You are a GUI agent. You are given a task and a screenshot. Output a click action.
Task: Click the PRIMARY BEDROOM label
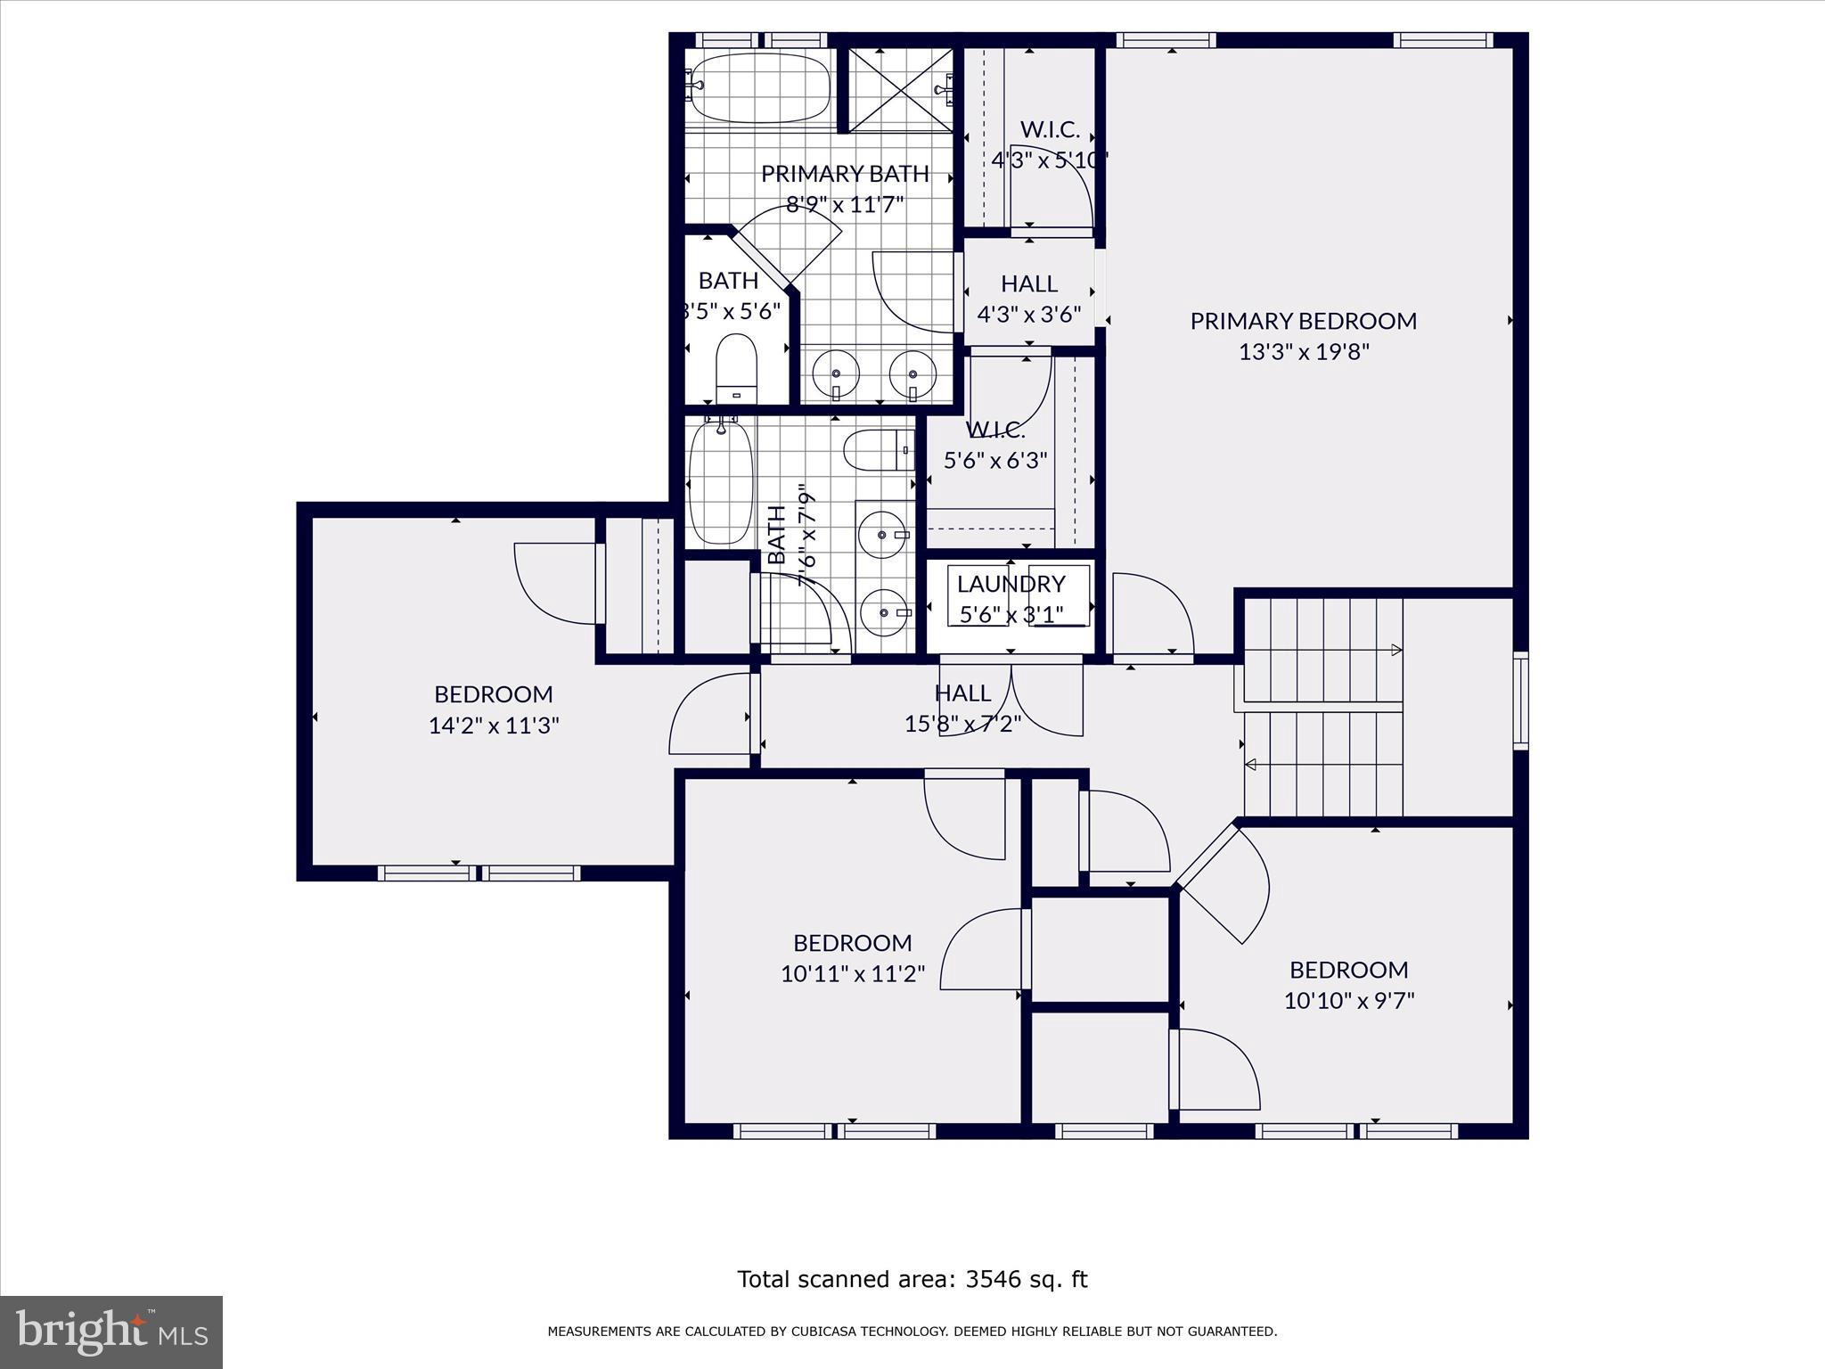[x=1303, y=321]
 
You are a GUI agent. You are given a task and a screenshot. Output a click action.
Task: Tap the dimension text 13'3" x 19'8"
[x=1303, y=352]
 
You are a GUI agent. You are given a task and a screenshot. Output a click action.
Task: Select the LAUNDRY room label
[x=1011, y=584]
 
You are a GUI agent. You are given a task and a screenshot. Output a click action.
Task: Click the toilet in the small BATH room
[x=736, y=368]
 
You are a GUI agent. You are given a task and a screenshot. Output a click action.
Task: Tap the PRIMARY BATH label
[x=844, y=173]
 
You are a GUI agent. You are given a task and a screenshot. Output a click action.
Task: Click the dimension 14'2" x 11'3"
[x=494, y=725]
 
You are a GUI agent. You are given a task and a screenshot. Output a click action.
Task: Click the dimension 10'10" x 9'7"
[x=1348, y=1001]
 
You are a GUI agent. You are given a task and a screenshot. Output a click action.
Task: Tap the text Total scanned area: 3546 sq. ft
[x=912, y=1280]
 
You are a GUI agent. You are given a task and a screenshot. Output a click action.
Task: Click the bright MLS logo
[x=111, y=1332]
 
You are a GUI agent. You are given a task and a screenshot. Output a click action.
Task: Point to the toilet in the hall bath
[x=878, y=451]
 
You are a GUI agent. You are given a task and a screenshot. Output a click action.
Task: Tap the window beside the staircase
[x=1520, y=701]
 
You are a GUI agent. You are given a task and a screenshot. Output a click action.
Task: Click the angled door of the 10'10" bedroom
[x=1223, y=882]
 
